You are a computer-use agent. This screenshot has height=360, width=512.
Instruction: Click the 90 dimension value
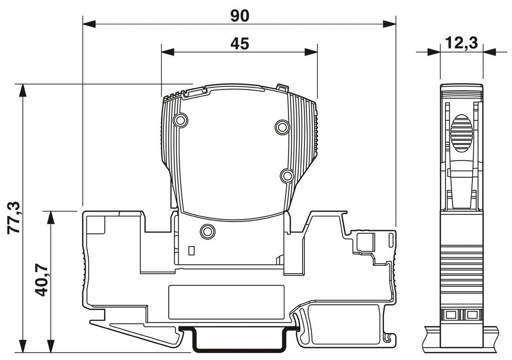[240, 16]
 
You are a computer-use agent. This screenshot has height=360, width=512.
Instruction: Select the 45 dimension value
[240, 44]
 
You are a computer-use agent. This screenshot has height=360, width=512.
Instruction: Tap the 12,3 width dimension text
[461, 43]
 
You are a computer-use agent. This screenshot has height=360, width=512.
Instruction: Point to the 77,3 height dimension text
[14, 218]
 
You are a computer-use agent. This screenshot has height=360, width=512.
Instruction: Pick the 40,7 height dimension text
[42, 281]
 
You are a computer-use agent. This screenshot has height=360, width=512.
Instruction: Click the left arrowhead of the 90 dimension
[89, 24]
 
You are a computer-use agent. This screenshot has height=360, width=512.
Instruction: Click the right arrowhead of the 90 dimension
[389, 24]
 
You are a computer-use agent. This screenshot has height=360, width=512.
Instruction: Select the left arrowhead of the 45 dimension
[168, 52]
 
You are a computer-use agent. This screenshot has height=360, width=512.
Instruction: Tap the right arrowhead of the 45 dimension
[311, 52]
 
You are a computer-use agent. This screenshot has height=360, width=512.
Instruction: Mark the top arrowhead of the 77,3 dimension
[22, 91]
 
